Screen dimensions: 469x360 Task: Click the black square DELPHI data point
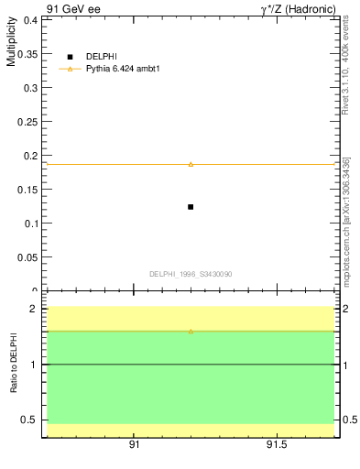191,207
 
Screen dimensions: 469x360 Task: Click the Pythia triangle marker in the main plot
191,164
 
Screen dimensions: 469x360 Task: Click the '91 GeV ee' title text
72,8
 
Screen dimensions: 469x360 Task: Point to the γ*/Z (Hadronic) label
298,8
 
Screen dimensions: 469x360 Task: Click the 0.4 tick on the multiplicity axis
31,19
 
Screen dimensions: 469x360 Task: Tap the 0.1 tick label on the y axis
31,223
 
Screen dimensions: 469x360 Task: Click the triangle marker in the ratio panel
191,331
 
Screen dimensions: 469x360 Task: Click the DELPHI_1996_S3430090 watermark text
191,274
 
